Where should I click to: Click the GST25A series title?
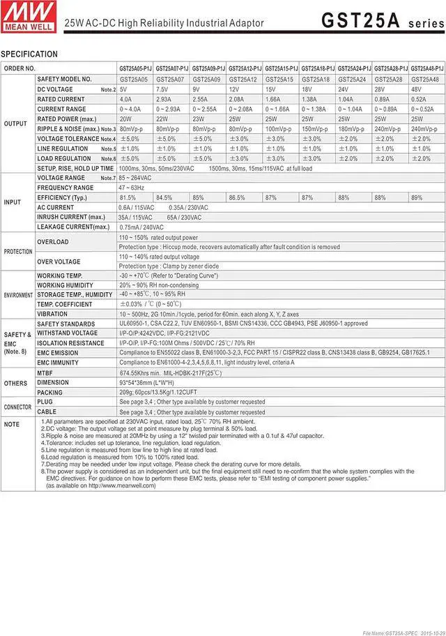[x=380, y=21]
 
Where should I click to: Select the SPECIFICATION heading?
[x=29, y=54]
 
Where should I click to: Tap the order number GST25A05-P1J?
[x=135, y=69]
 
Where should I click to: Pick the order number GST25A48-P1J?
[x=426, y=69]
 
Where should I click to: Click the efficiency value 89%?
[x=417, y=198]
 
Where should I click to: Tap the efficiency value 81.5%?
[x=128, y=198]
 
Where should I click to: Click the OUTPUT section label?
[x=16, y=123]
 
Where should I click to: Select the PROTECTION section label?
[x=18, y=252]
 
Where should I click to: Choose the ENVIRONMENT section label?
[x=18, y=295]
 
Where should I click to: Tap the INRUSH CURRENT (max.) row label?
[x=72, y=217]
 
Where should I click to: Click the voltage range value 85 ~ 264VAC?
[x=140, y=178]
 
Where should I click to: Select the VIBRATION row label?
[x=52, y=315]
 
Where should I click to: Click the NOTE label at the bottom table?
[x=12, y=424]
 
